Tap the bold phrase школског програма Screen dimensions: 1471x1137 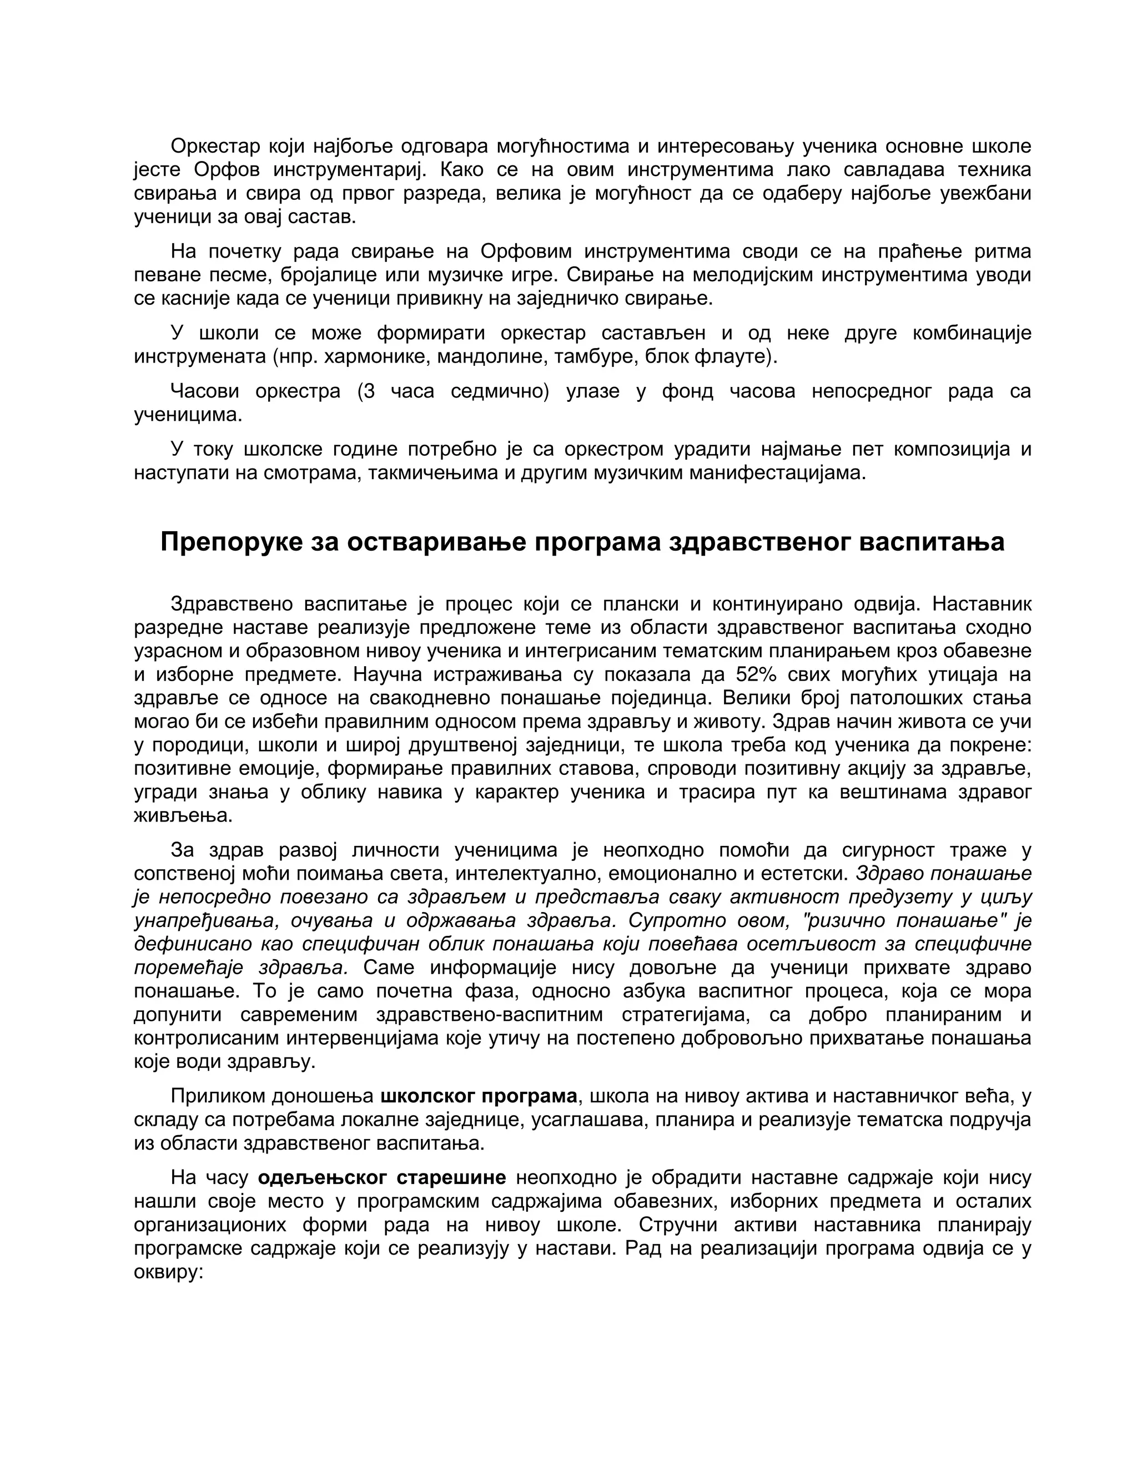click(478, 1096)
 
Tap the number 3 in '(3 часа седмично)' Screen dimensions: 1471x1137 click(368, 391)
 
